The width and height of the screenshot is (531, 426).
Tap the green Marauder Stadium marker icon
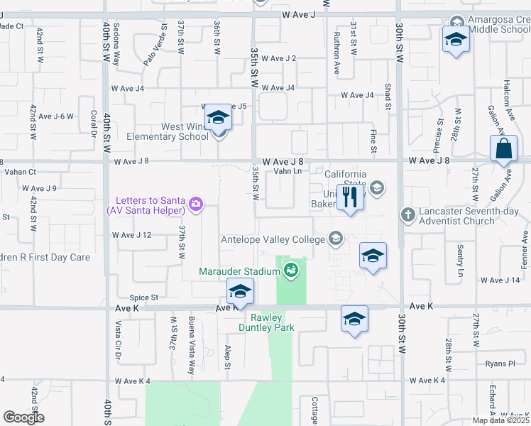[x=290, y=270]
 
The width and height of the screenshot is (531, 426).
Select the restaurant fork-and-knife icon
[x=349, y=197]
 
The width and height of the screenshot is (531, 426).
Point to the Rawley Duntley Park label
[x=265, y=322]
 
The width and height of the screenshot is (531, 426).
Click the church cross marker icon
[x=407, y=214]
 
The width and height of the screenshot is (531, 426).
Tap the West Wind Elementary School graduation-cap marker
[x=219, y=117]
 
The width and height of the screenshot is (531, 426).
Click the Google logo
[x=23, y=417]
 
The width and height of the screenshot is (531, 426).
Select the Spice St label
[x=143, y=297]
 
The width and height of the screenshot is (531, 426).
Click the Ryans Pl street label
[x=500, y=363]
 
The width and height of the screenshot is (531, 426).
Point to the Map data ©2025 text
[x=501, y=420]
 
